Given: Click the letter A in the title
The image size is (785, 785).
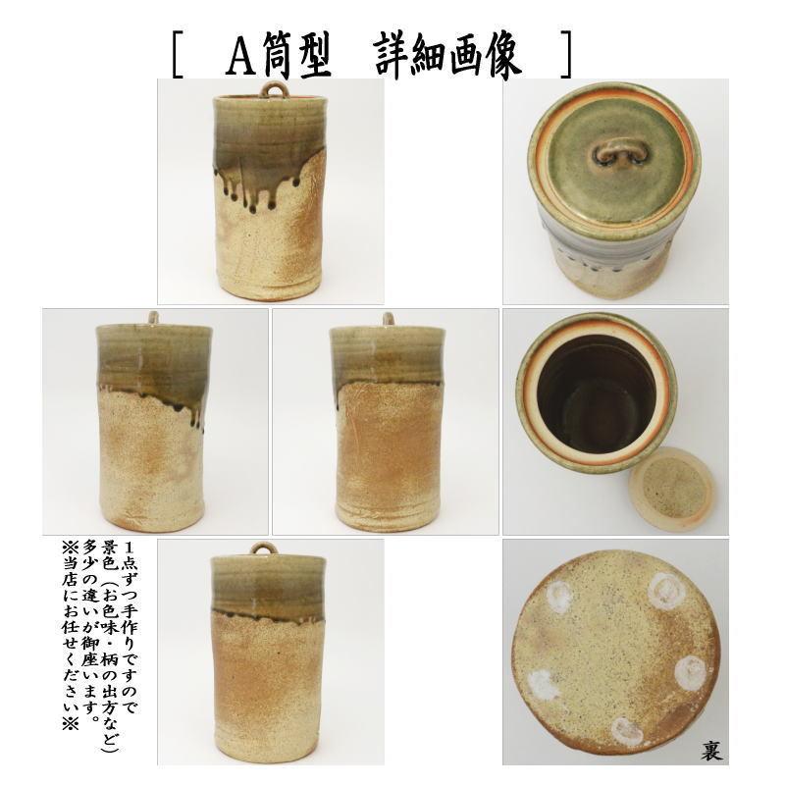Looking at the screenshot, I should (239, 60).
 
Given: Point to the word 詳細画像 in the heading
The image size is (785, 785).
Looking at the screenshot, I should (447, 59).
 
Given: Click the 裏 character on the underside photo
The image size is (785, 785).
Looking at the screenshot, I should (711, 750).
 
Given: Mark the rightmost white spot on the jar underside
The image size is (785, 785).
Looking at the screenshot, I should (690, 672).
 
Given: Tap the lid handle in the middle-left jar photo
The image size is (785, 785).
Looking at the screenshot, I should (153, 317).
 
